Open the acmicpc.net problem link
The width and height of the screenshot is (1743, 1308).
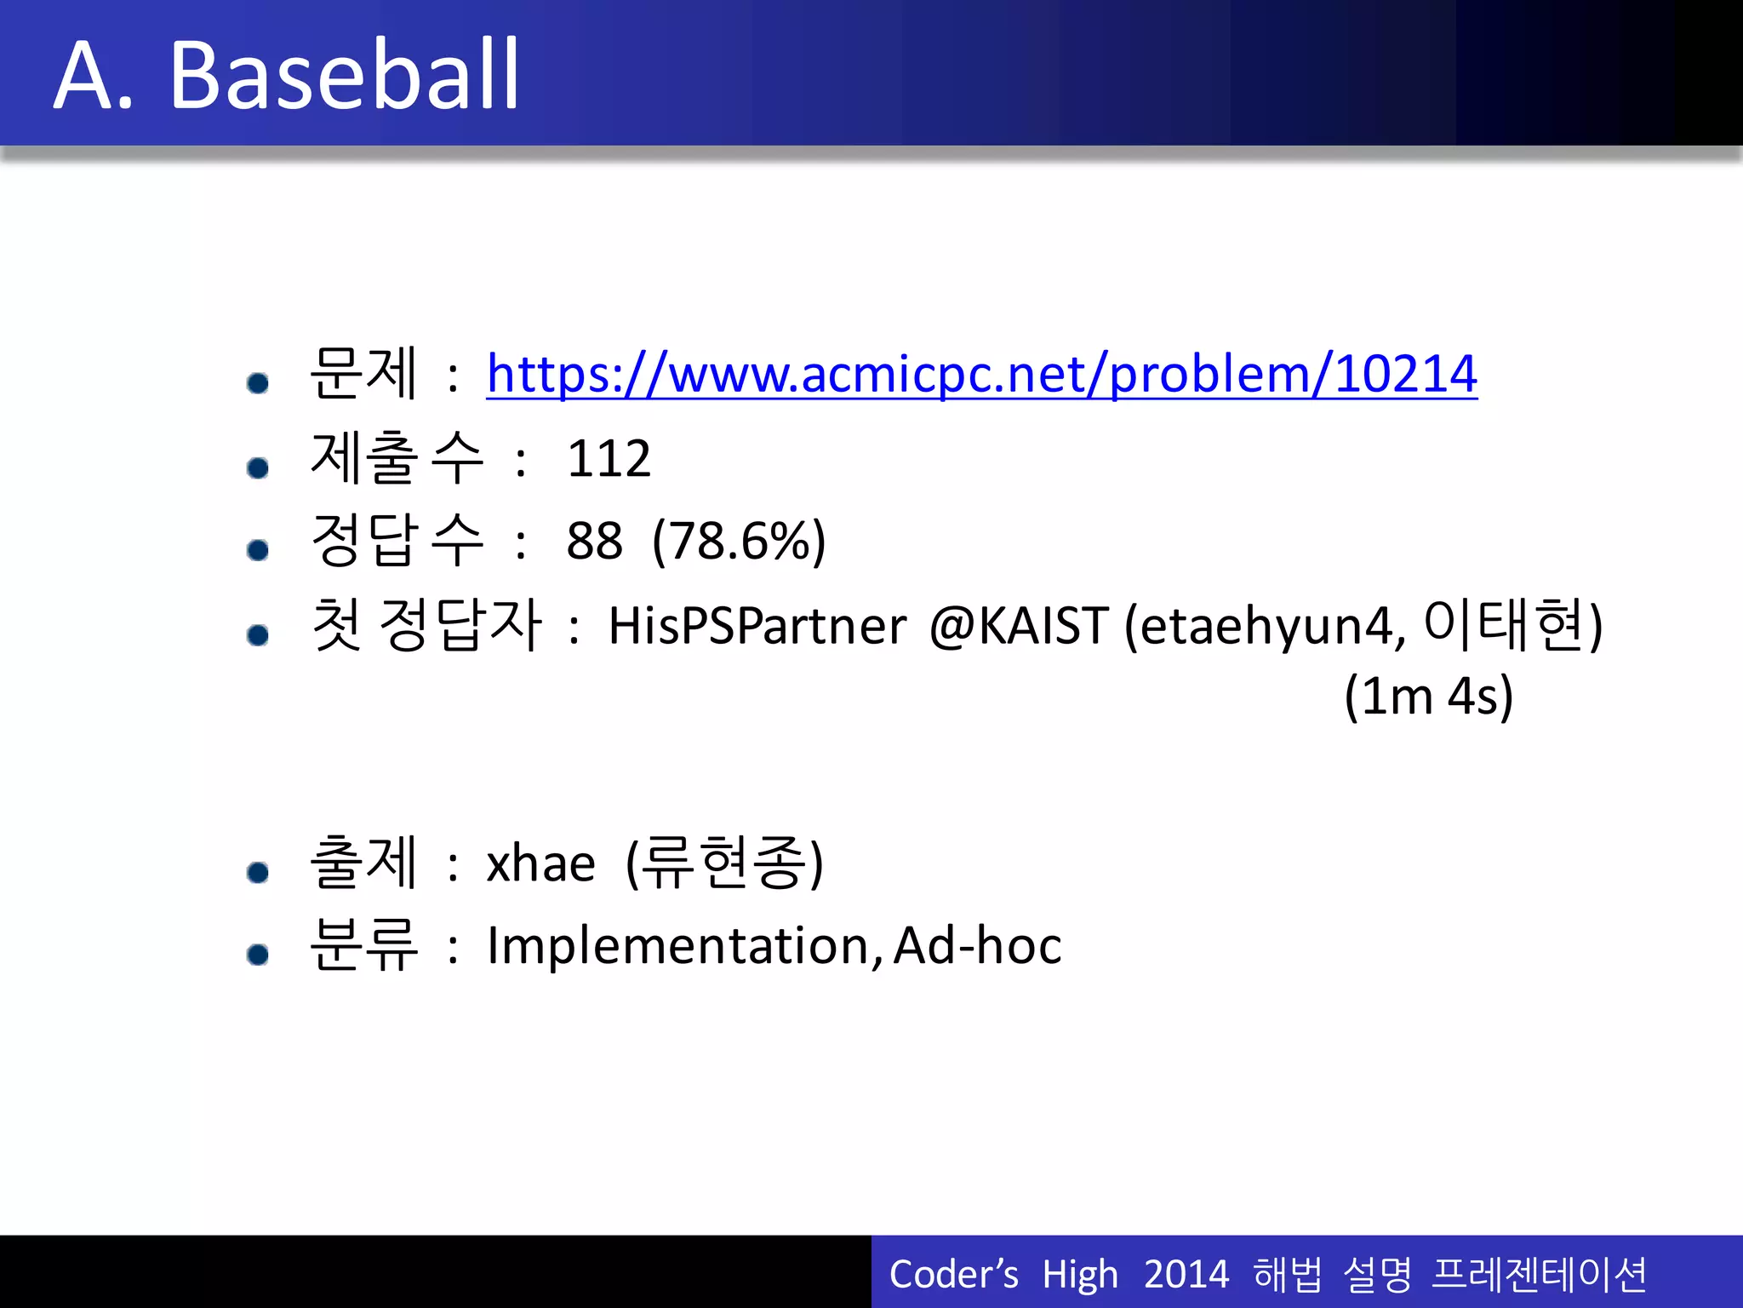pos(981,374)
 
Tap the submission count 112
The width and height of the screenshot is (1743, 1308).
pos(609,459)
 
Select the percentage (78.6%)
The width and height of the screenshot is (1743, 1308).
pos(739,541)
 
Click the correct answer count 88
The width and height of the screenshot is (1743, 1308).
pos(594,541)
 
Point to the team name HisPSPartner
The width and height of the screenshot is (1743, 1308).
pos(757,626)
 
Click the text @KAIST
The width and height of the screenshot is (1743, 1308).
pos(1018,626)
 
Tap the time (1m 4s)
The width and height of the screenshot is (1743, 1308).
pos(1428,696)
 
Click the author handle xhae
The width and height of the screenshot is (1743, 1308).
pos(540,863)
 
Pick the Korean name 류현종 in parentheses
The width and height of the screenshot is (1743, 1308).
pos(723,862)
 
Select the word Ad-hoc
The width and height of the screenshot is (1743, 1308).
pos(977,945)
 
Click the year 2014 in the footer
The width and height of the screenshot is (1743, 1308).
pos(1186,1274)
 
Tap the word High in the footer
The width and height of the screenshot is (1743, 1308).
pos(1079,1274)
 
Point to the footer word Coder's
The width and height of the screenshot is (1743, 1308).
pos(953,1274)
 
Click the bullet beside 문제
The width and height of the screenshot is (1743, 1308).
pos(258,382)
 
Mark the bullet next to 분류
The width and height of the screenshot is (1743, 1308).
pos(258,954)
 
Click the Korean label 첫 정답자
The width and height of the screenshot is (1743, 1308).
pos(426,625)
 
